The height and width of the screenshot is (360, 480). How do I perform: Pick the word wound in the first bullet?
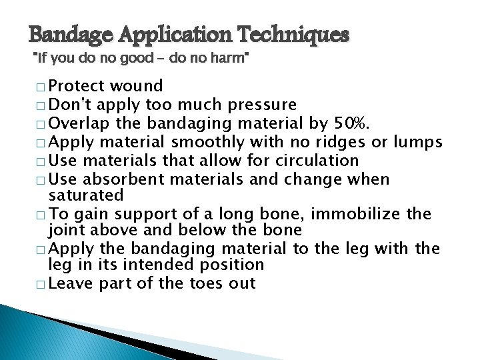tap(137, 86)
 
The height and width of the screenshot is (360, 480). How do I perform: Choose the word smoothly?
tap(209, 142)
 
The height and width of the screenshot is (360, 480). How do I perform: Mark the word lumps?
tap(417, 142)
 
